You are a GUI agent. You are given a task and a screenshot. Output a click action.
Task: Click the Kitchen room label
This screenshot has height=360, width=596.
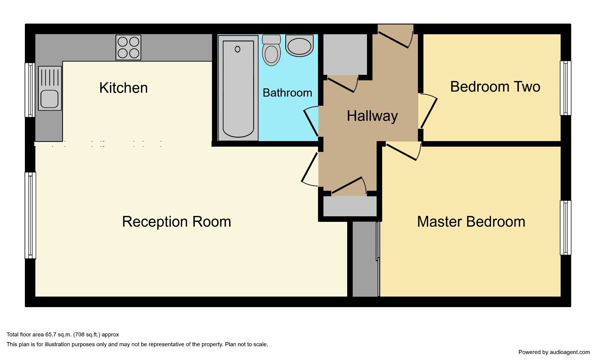pyautogui.click(x=123, y=88)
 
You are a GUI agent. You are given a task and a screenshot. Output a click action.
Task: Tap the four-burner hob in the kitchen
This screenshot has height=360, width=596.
pyautogui.click(x=128, y=48)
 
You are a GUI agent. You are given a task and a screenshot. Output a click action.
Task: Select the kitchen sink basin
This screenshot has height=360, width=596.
pyautogui.click(x=50, y=99)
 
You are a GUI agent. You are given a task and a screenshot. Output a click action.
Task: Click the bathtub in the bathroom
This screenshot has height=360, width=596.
pyautogui.click(x=238, y=88)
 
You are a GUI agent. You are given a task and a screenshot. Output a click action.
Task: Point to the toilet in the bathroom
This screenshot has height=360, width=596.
pyautogui.click(x=272, y=50)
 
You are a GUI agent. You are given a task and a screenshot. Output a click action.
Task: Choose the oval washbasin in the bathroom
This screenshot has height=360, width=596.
pyautogui.click(x=299, y=45)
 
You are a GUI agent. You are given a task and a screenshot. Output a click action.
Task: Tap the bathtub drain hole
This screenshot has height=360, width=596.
pyautogui.click(x=238, y=49)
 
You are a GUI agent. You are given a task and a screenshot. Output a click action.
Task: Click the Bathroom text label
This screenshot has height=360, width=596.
pyautogui.click(x=287, y=93)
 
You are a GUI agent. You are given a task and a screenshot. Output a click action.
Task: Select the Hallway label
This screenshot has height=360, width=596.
pyautogui.click(x=372, y=116)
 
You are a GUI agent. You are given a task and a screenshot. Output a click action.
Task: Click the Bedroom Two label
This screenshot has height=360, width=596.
pyautogui.click(x=495, y=87)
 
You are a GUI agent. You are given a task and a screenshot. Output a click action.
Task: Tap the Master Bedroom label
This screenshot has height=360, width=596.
pyautogui.click(x=471, y=222)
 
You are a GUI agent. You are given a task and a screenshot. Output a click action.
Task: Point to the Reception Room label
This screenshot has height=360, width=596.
pyautogui.click(x=177, y=222)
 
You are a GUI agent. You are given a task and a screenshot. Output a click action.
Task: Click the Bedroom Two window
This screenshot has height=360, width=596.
pyautogui.click(x=565, y=88)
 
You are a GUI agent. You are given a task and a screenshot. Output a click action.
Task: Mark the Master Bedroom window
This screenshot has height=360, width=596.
pyautogui.click(x=565, y=228)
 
